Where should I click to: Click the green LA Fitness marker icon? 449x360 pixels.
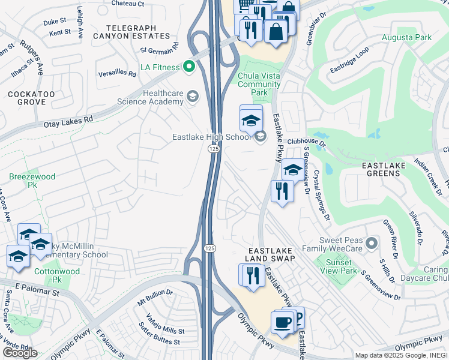coord(189,67)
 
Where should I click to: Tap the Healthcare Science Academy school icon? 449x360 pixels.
coord(193,96)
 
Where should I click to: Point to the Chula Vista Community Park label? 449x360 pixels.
coord(259,84)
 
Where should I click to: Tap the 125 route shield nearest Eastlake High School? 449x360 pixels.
coord(213,148)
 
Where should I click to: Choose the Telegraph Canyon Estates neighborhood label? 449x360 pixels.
coord(131,32)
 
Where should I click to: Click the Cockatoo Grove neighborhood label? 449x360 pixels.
coord(31,98)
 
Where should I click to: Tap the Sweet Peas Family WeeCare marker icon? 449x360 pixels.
coord(372,243)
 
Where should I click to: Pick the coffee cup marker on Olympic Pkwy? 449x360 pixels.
coord(282,322)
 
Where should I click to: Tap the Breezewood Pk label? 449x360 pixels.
coord(32,181)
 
